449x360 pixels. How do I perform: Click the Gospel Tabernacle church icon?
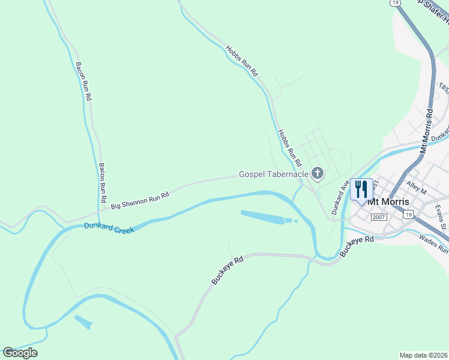tap(317, 174)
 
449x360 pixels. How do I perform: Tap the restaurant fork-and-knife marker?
tap(361, 189)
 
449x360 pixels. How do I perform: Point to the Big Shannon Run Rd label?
tap(140, 201)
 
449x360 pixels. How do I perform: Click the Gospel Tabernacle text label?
tap(273, 174)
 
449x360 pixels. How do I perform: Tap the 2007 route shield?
tap(379, 217)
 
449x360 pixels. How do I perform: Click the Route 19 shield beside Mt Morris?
tap(408, 214)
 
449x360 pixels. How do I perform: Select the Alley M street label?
tap(415, 188)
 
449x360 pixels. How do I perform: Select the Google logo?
tap(20, 353)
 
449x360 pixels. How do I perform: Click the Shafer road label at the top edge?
tap(432, 8)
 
